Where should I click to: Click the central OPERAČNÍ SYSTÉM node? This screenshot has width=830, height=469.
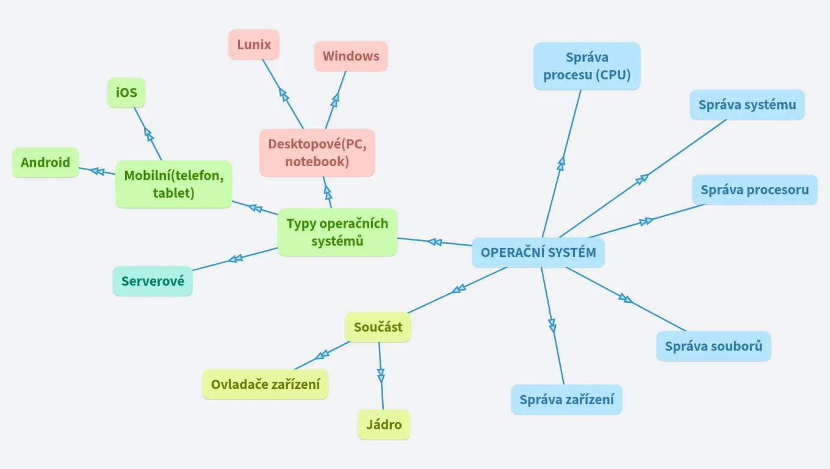tap(538, 253)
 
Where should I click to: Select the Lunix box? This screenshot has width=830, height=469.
tap(254, 45)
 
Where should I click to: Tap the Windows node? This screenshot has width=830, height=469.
tap(351, 56)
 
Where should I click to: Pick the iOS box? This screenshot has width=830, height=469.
tap(126, 93)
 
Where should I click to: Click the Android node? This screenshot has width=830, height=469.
tap(46, 162)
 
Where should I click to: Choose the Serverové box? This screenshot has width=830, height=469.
tap(153, 282)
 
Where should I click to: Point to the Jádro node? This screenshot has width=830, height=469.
tap(384, 424)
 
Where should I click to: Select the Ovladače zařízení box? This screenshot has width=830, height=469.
tap(265, 385)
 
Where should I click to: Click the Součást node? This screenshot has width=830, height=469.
tap(378, 327)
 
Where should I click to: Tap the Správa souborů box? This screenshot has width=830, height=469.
tap(713, 346)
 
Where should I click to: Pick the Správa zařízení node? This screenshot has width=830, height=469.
tap(566, 400)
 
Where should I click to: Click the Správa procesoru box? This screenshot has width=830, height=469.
tap(754, 190)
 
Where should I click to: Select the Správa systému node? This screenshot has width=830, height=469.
tap(747, 105)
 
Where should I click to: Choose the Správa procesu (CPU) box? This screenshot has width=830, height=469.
tap(587, 66)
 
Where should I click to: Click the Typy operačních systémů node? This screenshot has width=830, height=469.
tap(337, 232)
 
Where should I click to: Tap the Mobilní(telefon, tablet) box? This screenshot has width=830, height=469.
tap(174, 184)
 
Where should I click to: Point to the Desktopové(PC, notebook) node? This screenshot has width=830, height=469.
tap(317, 153)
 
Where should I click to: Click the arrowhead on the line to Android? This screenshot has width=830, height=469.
tap(96, 170)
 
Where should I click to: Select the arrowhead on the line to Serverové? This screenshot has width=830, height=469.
tap(235, 259)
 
